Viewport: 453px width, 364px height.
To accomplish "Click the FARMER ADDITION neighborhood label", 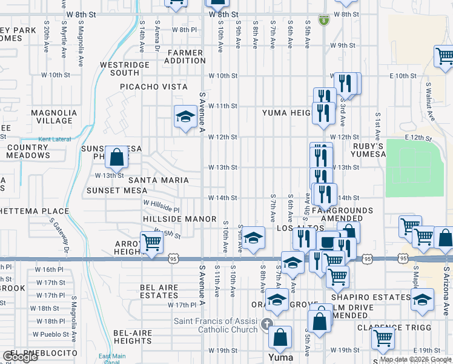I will [x=187, y=56].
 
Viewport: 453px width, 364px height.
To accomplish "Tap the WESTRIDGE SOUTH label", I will [x=124, y=69].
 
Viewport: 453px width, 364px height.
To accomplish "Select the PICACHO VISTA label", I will [x=153, y=87].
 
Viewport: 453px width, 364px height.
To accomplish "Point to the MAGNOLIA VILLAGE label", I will [x=54, y=116].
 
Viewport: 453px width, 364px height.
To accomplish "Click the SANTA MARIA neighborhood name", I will [x=158, y=180].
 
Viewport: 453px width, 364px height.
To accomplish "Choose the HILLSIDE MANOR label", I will [x=180, y=218].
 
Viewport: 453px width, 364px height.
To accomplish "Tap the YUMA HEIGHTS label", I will [x=287, y=113].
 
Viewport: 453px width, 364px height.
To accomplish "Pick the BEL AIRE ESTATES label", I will [x=159, y=291].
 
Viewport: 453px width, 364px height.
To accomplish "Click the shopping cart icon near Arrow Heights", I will [x=151, y=243].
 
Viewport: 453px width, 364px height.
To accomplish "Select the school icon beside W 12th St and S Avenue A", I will [x=185, y=117].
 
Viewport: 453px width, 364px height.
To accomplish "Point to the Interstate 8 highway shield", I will [x=324, y=19].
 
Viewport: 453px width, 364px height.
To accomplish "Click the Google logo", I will [x=20, y=357].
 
